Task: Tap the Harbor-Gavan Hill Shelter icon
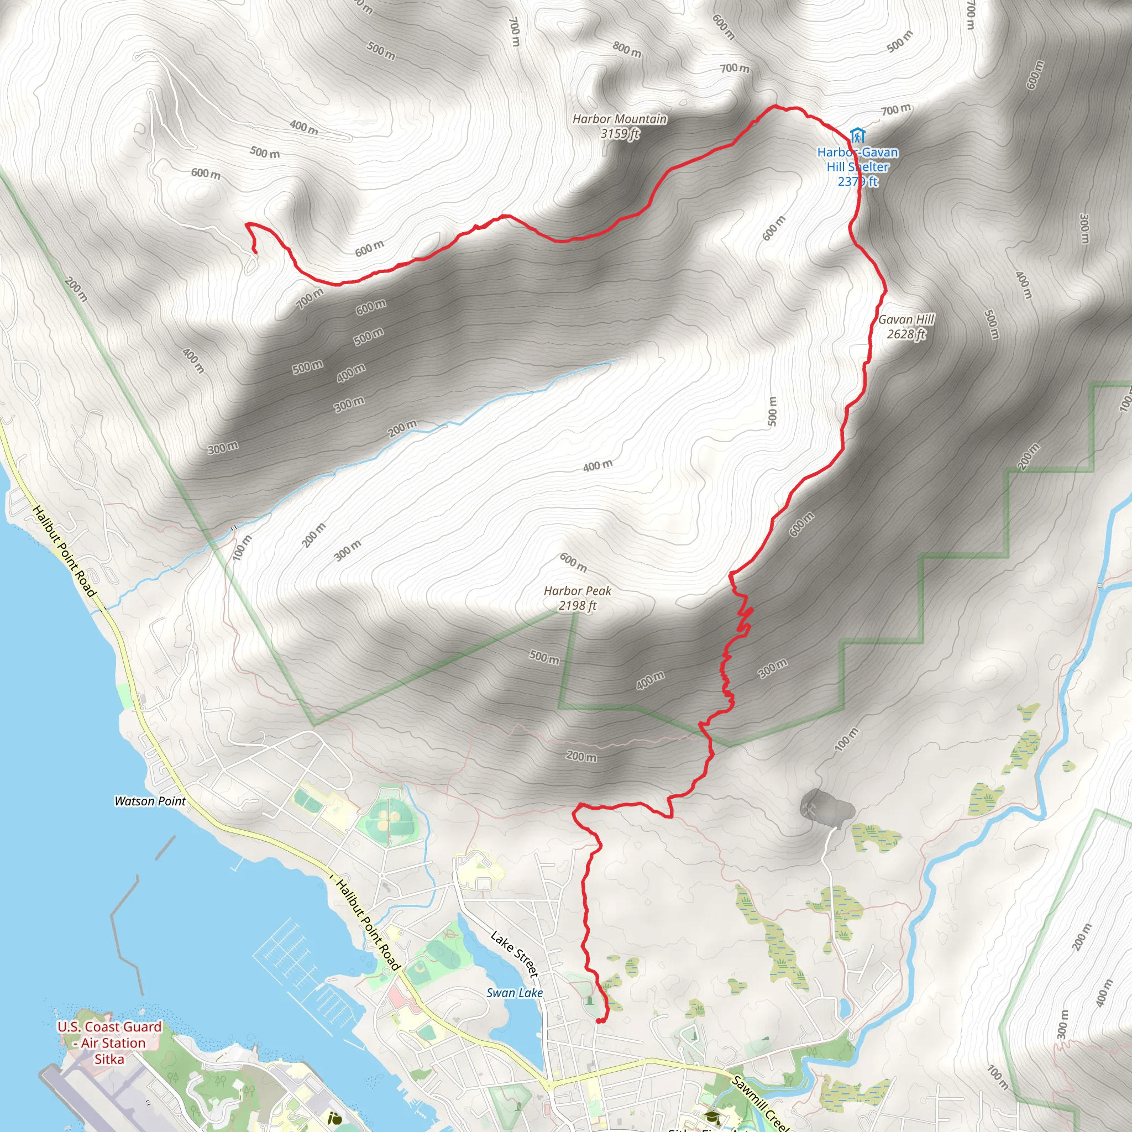click(857, 135)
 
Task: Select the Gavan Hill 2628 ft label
click(906, 326)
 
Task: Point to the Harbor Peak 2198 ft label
click(577, 598)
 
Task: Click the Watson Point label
click(150, 801)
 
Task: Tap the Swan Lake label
click(515, 993)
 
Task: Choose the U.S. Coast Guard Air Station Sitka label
click(109, 1043)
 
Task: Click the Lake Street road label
click(514, 954)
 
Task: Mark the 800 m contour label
click(626, 49)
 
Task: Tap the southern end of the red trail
click(599, 1021)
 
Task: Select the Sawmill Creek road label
click(760, 1102)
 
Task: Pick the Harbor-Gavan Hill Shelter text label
click(857, 167)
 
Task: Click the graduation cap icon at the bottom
click(712, 1117)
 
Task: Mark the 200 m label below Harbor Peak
click(581, 757)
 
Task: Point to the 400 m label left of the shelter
click(303, 126)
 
